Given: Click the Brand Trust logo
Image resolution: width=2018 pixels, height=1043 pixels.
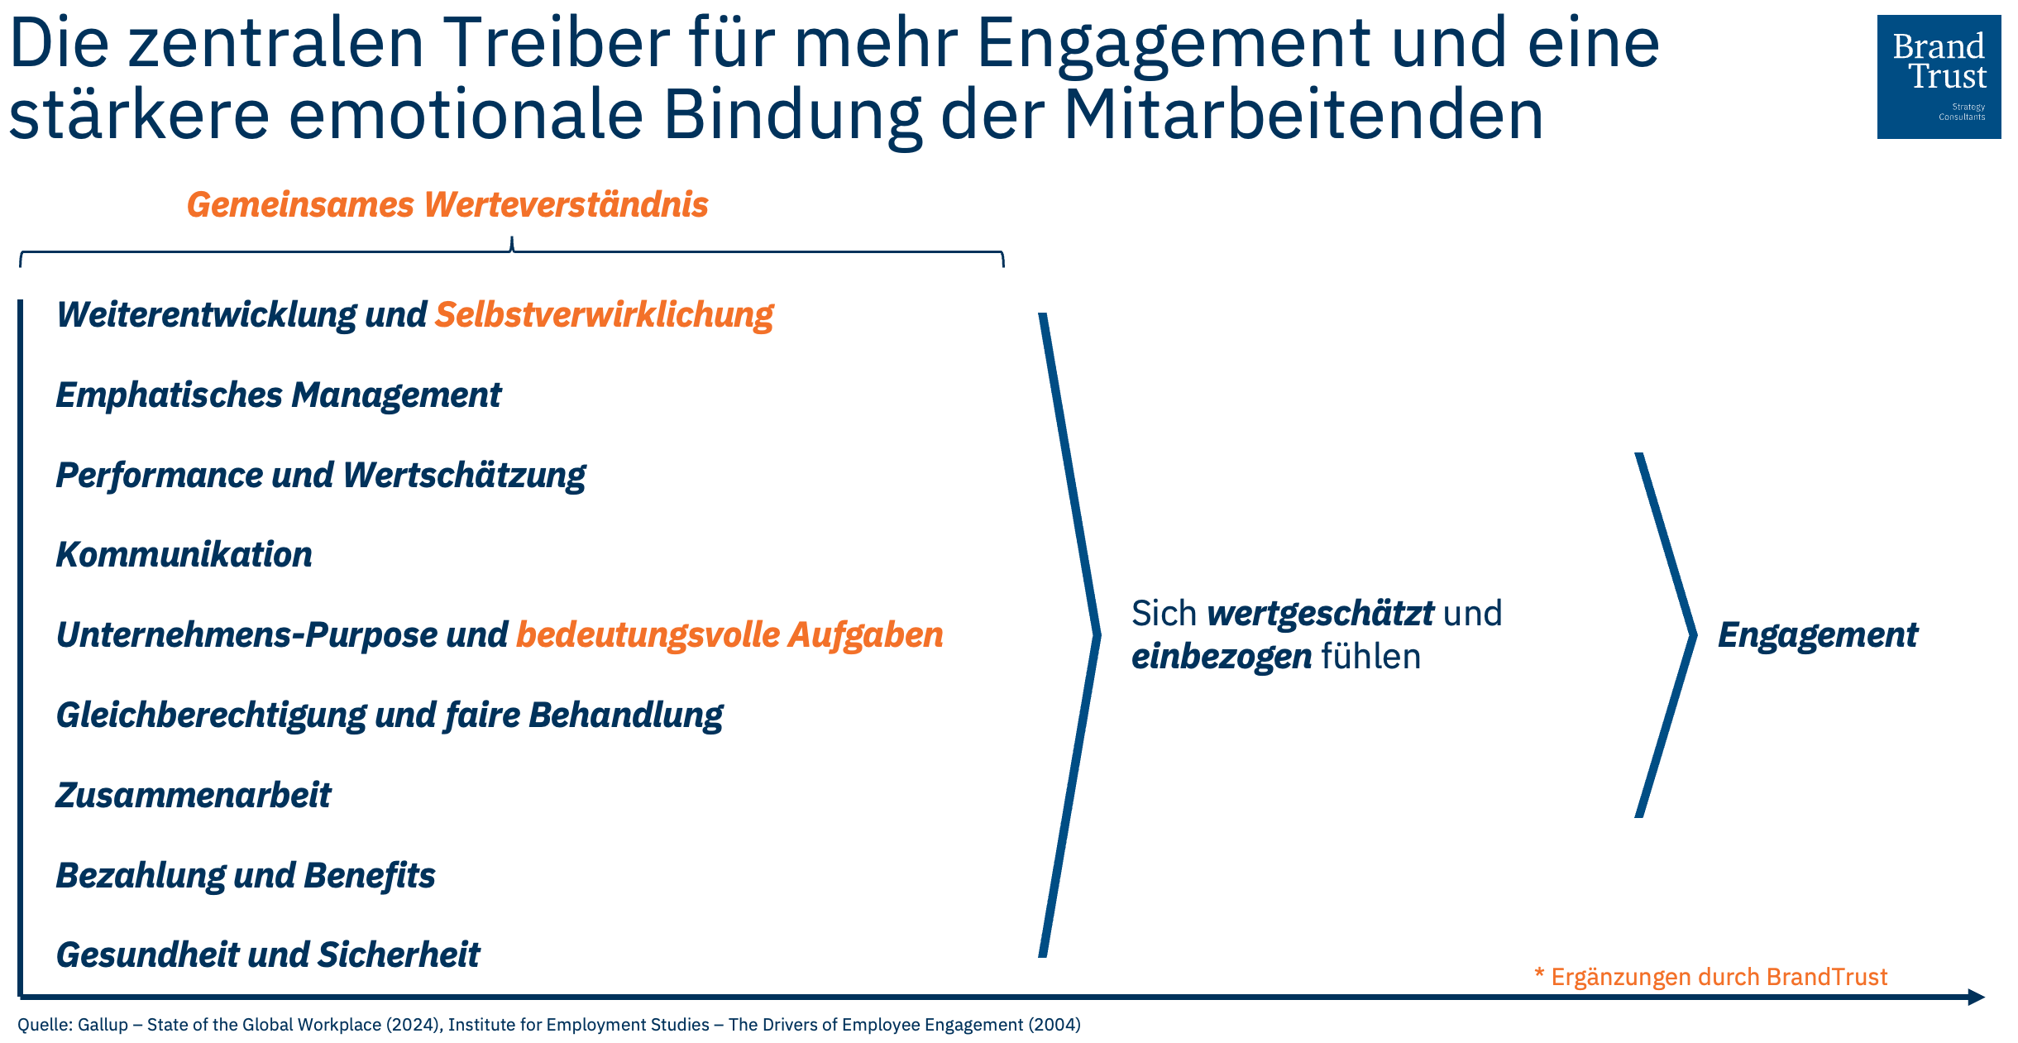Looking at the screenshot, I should coord(1938,76).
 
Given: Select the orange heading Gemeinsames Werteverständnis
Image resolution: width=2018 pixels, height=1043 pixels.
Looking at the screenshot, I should coord(447,205).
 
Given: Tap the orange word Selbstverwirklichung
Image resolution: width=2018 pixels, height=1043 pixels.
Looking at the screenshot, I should coord(604,315).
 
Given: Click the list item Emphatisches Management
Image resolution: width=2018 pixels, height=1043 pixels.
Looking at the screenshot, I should coord(278,395).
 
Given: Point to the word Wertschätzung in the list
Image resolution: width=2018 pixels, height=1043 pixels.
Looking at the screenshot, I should coord(464,476).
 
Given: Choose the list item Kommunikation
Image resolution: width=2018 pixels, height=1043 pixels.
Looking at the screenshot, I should coord(184,555).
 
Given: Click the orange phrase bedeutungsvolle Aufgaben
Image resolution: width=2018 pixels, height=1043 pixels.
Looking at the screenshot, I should coord(729,635).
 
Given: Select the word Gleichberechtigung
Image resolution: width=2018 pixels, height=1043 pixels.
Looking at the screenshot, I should coord(210,715).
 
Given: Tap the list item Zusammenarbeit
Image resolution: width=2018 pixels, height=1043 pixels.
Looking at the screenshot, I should coord(193,796).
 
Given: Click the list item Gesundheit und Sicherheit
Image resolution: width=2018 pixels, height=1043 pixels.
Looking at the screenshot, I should coord(268,955).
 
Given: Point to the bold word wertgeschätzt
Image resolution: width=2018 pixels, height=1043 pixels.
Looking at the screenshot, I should coord(1320,614).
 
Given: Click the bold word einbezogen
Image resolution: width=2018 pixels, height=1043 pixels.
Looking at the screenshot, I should coord(1221,657).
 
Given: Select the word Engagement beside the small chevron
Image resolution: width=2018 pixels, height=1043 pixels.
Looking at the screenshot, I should coord(1817,635).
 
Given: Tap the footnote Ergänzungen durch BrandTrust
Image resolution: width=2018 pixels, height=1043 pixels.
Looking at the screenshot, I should coord(1719,977).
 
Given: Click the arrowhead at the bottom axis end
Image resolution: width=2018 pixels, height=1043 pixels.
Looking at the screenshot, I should coord(1976,997).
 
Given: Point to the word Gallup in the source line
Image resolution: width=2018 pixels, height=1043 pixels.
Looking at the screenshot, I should coord(103,1025).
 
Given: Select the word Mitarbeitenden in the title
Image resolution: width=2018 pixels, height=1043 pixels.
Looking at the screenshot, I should coord(1303,114).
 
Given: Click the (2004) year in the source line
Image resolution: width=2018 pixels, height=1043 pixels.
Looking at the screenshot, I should coord(1054,1025).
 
